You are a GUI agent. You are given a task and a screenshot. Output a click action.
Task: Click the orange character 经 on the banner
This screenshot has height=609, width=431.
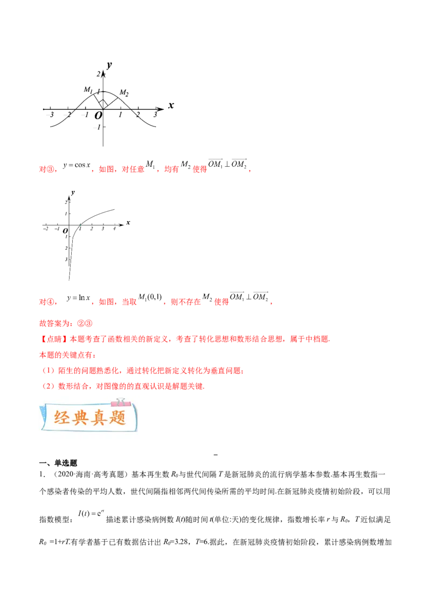(63, 418)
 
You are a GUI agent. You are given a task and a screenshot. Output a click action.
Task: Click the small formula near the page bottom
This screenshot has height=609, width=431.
(92, 513)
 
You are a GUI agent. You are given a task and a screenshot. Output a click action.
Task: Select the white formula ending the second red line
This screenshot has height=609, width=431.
(248, 297)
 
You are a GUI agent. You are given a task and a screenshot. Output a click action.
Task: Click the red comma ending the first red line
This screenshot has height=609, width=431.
(251, 170)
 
